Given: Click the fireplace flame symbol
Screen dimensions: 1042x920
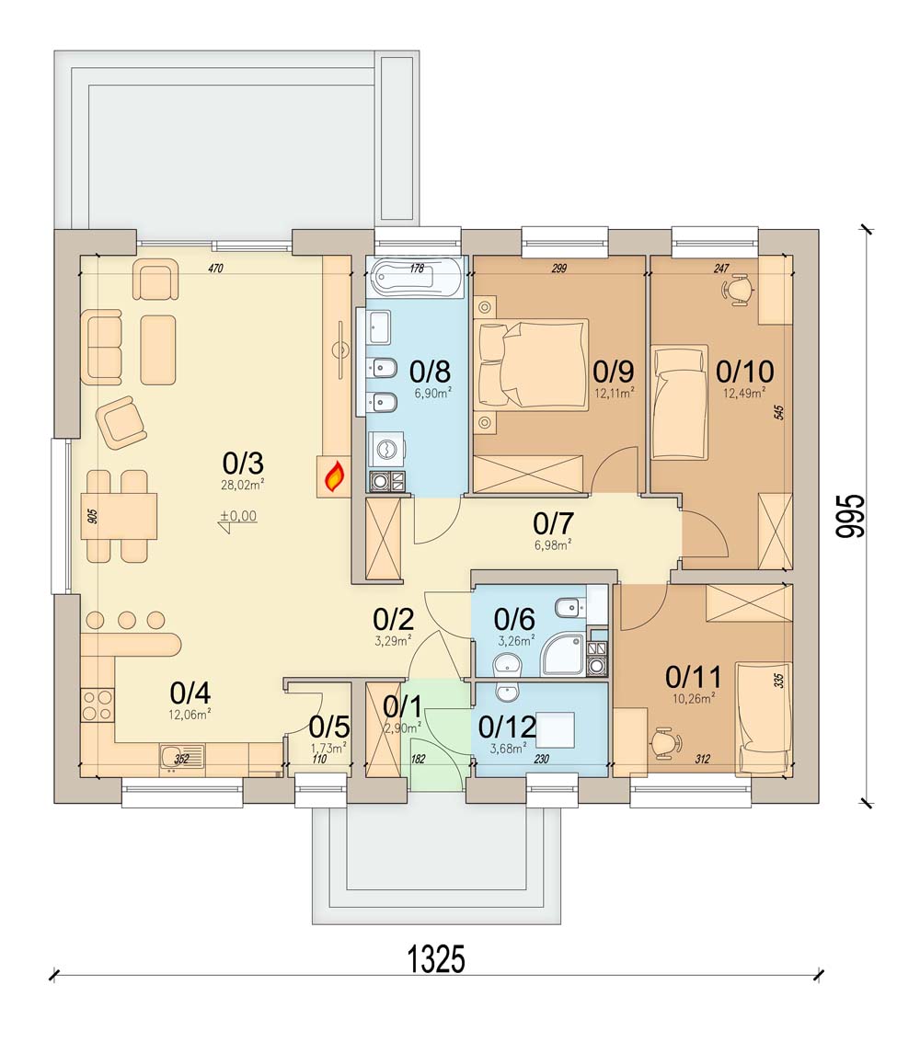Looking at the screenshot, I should click(334, 475).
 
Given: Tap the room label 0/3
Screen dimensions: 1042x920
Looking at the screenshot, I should click(243, 462).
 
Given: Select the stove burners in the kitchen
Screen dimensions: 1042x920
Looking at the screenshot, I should click(98, 705).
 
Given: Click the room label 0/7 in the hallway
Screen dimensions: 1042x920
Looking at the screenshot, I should click(554, 523).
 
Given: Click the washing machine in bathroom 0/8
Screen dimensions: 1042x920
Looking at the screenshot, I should click(387, 449).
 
